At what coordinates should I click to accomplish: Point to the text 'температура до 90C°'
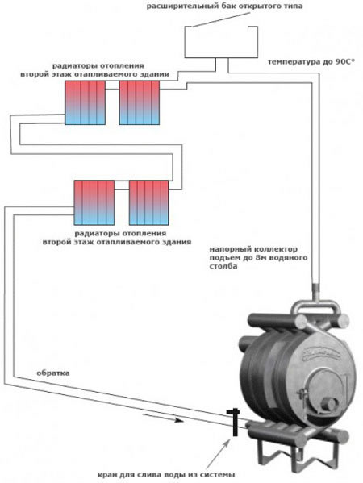pos(311,61)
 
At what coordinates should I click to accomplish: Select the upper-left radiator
pos(85,102)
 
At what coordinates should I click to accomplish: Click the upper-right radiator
pos(140,102)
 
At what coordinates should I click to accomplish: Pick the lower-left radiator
pos(94,202)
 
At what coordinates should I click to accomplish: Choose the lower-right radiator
pos(149,202)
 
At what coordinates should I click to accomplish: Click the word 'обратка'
pos(53,373)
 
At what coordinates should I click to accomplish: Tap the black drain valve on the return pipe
pos(235,422)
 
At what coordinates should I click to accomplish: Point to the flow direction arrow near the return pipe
pos(163,418)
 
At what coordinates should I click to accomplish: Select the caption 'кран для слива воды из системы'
pos(166,474)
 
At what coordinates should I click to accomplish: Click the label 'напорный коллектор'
pos(253,249)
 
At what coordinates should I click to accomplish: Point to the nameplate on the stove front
pos(321,355)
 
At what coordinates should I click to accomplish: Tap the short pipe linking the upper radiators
pos(112,89)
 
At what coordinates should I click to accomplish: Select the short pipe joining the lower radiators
pos(122,189)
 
